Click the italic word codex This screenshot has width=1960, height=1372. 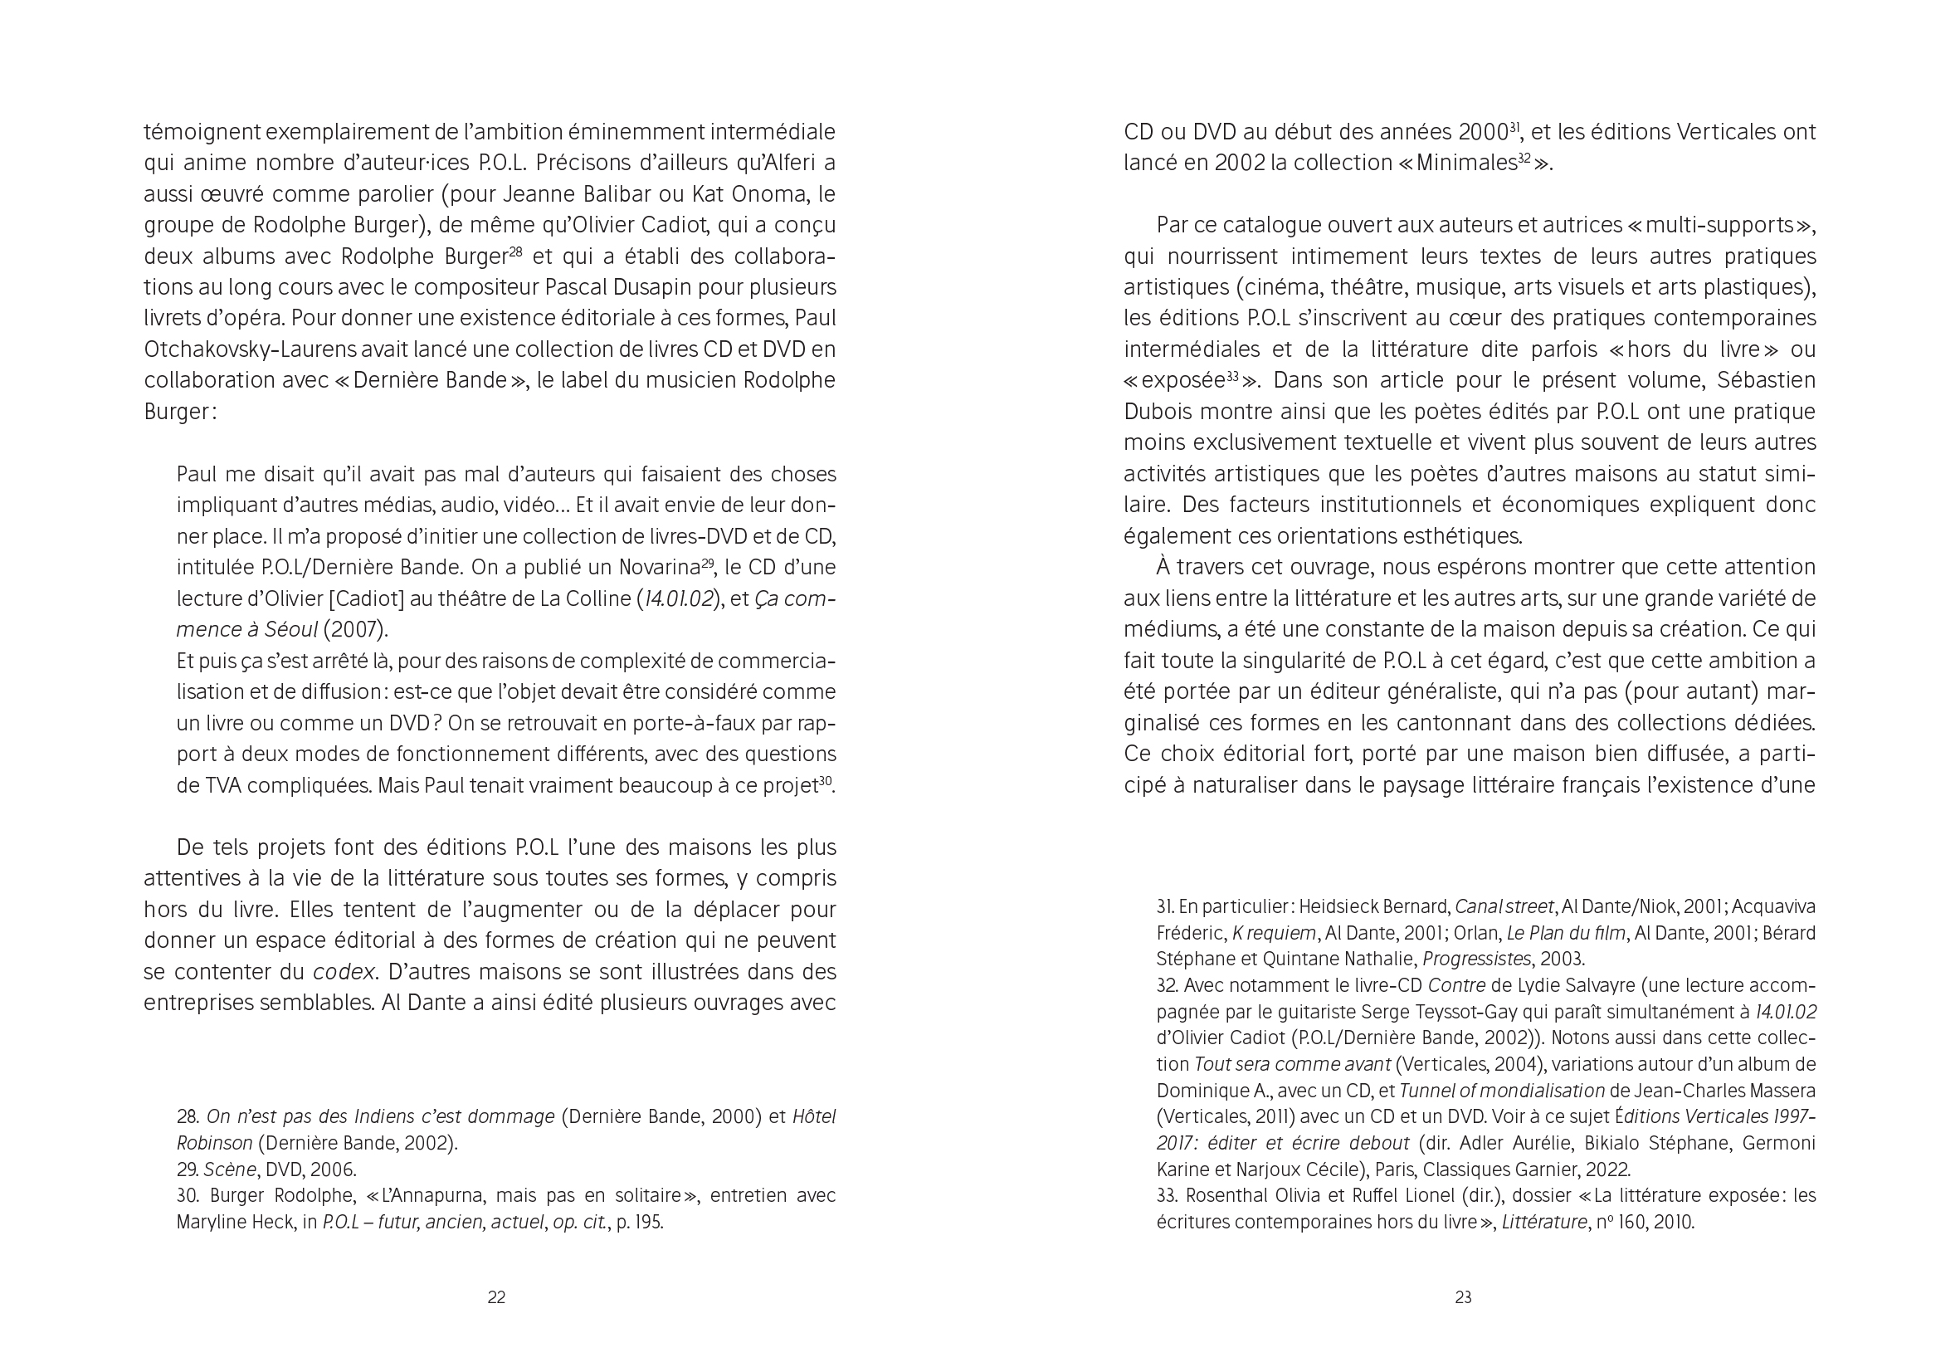pos(344,972)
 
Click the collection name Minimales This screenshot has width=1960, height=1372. pos(1465,163)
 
